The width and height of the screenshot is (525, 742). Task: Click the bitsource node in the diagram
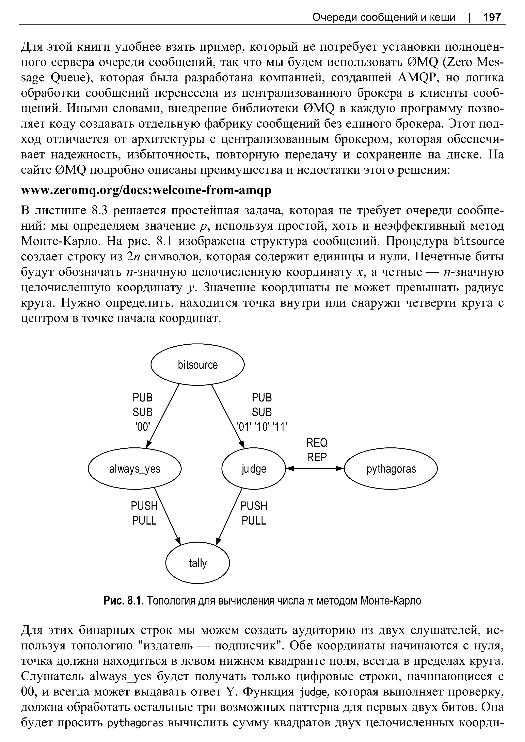point(197,365)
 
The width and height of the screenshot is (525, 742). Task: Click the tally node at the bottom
point(197,563)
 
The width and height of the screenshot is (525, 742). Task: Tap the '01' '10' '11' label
point(262,427)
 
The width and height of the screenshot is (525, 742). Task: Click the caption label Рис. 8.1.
point(123,600)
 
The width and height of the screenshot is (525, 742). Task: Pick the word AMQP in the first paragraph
point(414,78)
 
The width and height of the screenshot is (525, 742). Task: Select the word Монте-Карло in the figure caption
point(391,600)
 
